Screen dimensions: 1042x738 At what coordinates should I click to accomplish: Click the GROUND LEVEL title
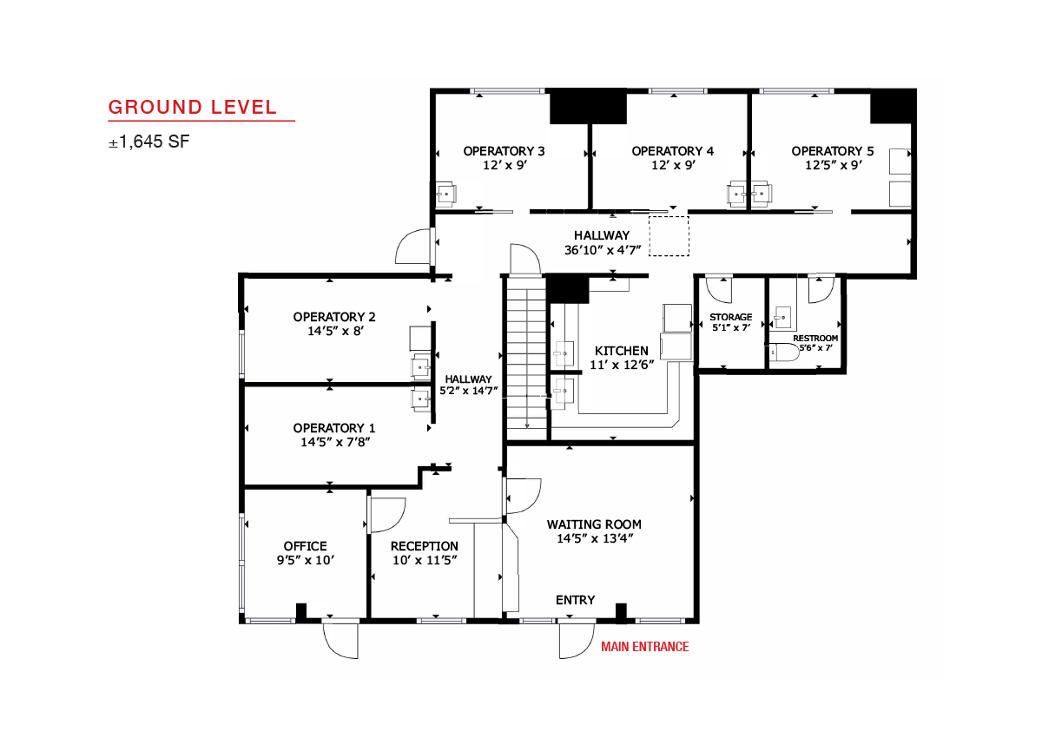coord(193,107)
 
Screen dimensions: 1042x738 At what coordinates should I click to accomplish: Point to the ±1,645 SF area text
coord(148,142)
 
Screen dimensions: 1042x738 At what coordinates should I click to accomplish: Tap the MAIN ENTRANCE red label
coord(644,646)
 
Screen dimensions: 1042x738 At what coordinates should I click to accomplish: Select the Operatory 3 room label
coord(504,151)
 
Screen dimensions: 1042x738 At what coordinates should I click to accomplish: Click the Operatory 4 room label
coord(672,151)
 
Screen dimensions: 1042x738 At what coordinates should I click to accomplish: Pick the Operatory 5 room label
coord(832,151)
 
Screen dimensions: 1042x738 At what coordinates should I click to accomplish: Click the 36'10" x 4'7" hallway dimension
coord(603,250)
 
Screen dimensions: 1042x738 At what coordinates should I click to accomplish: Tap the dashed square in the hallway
coord(669,236)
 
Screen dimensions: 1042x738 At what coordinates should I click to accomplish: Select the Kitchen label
coord(622,351)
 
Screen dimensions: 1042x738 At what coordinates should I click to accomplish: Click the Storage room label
coord(731,317)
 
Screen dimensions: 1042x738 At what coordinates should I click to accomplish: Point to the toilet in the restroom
coord(784,353)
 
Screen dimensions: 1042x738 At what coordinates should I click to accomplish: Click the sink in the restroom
coord(782,318)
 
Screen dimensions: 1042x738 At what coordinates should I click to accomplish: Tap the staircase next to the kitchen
coord(526,358)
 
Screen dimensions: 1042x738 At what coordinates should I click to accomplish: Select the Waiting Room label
coord(594,524)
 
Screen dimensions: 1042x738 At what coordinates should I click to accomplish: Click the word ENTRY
coord(576,600)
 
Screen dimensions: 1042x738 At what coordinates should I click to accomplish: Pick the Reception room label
coord(425,546)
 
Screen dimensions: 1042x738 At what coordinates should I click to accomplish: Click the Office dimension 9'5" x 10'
coord(306,560)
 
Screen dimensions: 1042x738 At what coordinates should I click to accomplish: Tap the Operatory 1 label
coord(334,428)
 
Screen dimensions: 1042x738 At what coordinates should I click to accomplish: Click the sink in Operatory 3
coord(446,194)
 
